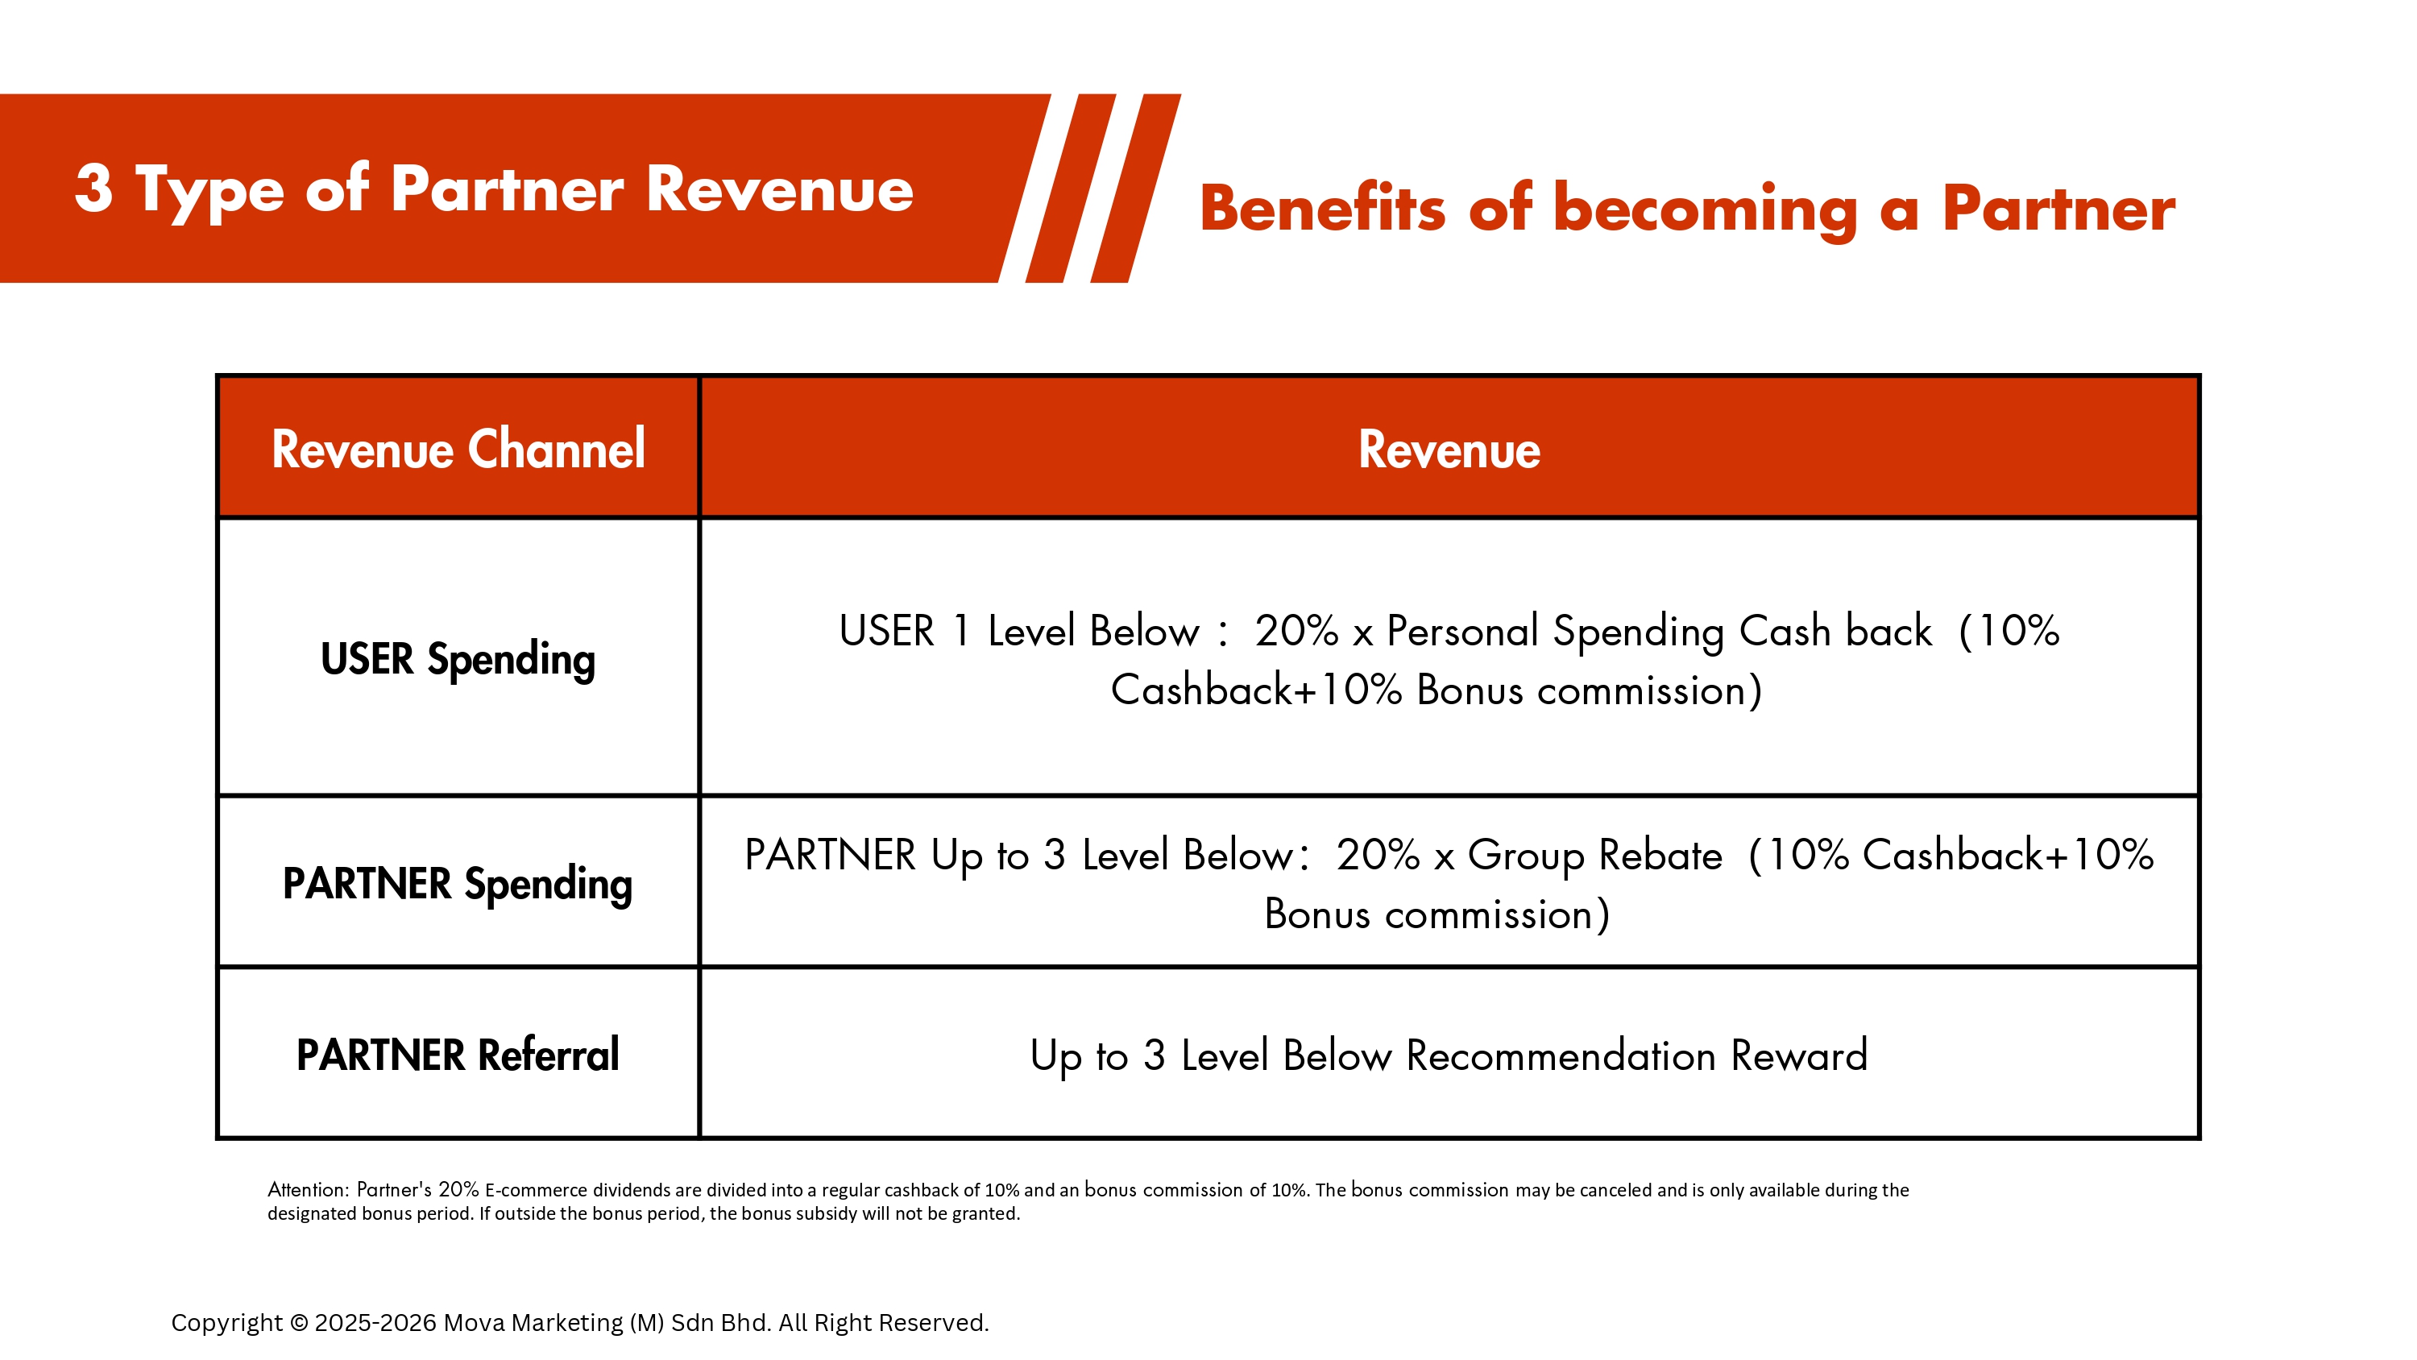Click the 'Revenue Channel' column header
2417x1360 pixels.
click(458, 449)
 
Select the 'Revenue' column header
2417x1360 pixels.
click(1449, 449)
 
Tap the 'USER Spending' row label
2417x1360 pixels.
click(458, 659)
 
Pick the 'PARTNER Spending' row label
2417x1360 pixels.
click(458, 884)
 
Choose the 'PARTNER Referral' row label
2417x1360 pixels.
click(458, 1055)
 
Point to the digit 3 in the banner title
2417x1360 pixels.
click(93, 188)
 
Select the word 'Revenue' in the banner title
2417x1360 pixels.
click(780, 189)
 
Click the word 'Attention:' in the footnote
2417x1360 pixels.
click(309, 1189)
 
